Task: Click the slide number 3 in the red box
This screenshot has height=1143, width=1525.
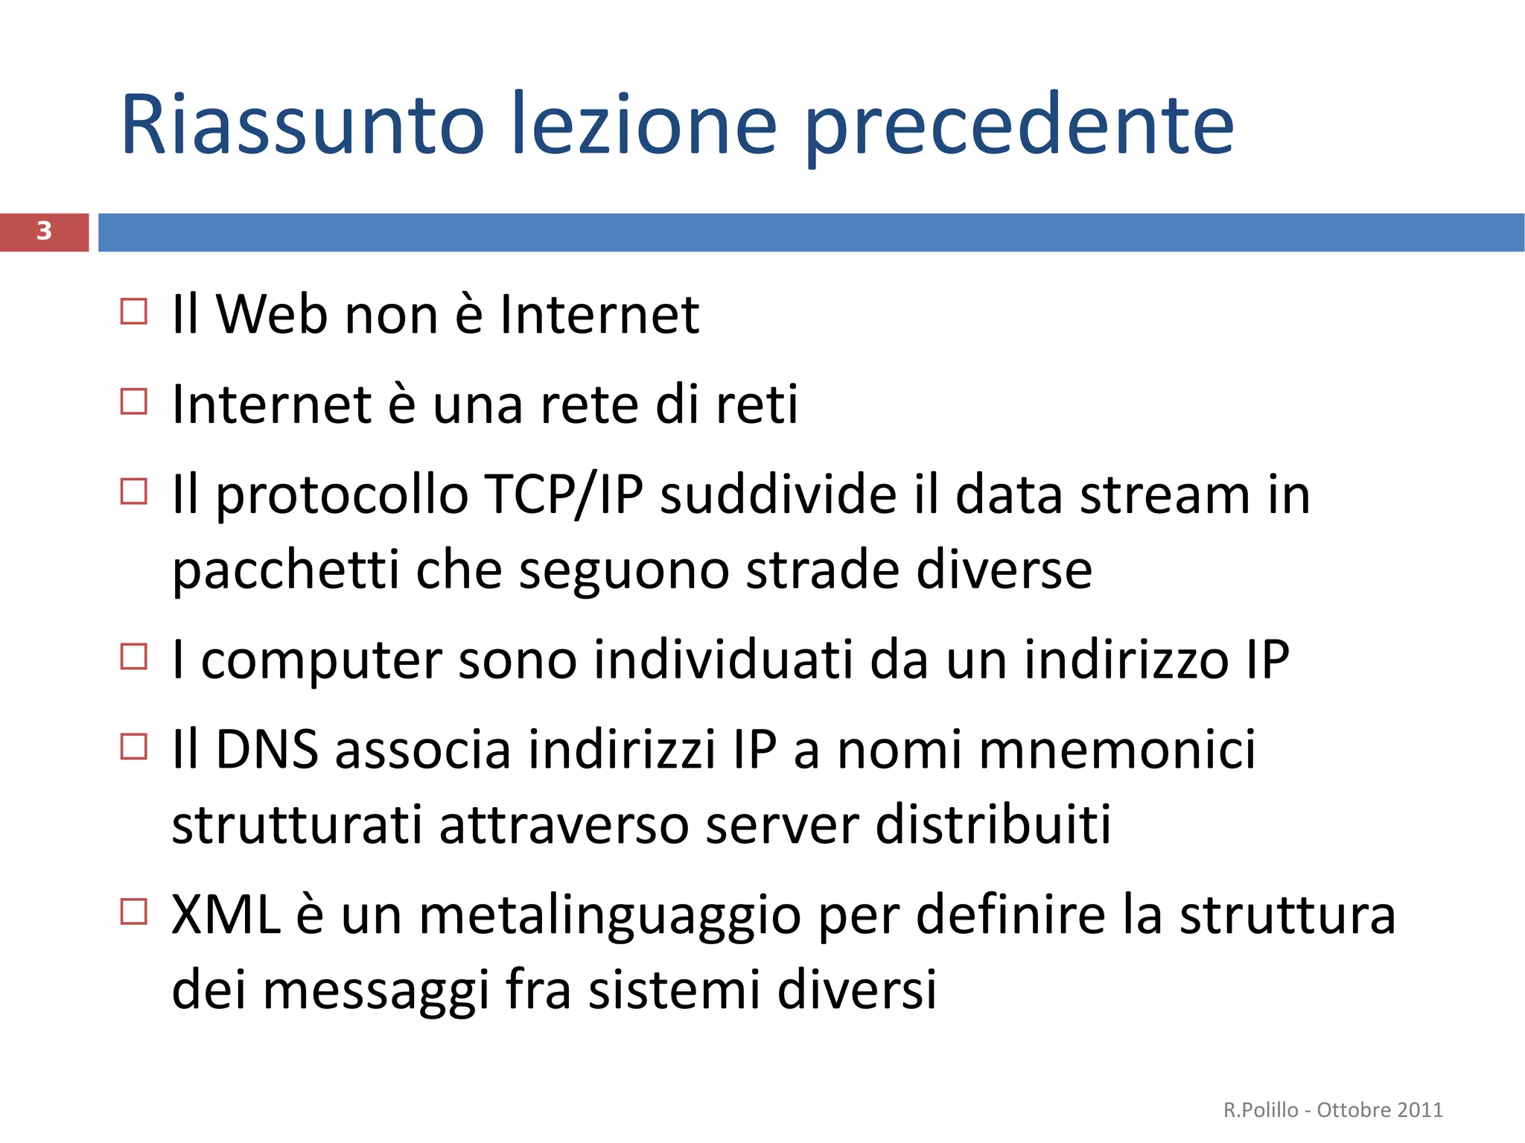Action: click(x=44, y=231)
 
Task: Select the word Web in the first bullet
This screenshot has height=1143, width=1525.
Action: click(x=272, y=314)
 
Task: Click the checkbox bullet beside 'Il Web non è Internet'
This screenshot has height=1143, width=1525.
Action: click(x=134, y=311)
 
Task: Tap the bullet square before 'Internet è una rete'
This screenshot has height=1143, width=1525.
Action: click(x=134, y=402)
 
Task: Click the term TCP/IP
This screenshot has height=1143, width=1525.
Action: click(x=563, y=494)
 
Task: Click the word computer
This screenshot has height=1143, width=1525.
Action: click(x=322, y=661)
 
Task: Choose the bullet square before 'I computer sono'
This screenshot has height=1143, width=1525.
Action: click(x=134, y=657)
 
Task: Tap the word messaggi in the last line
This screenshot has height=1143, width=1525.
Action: click(x=376, y=991)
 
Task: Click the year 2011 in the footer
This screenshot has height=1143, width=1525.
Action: click(x=1420, y=1110)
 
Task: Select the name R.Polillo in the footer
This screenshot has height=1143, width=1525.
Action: click(x=1261, y=1110)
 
